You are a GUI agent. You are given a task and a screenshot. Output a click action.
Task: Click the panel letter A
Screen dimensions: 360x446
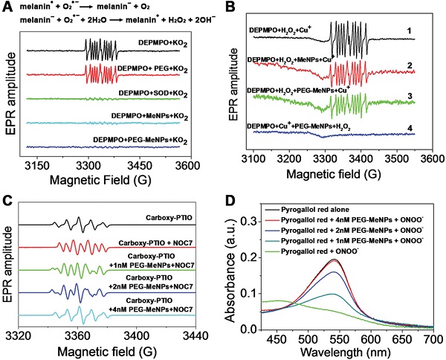pyautogui.click(x=6, y=7)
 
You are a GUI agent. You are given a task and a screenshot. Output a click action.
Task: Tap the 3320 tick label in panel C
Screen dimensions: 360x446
pyautogui.click(x=28, y=331)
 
